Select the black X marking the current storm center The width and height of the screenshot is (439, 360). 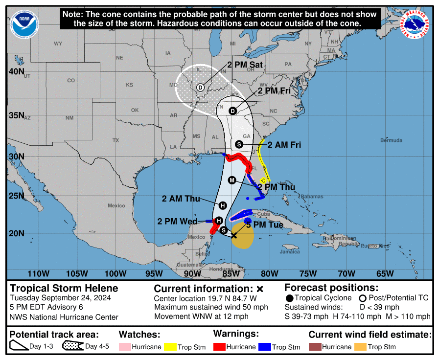point(234,235)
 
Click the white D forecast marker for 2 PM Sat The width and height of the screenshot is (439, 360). point(200,88)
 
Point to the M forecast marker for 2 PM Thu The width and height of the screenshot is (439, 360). point(232,180)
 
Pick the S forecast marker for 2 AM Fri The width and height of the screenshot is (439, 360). point(239,144)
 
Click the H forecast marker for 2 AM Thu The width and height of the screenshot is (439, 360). point(223,205)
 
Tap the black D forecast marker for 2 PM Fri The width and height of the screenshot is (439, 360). point(233,111)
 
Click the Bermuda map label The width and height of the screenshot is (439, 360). point(392,140)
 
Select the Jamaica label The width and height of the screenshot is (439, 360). point(290,252)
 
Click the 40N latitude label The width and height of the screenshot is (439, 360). point(17,72)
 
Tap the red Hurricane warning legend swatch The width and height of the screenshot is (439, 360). point(219,347)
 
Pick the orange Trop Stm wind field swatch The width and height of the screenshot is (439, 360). point(360,347)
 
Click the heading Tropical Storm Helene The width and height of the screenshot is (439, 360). point(64,288)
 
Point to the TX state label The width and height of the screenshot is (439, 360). point(116,140)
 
